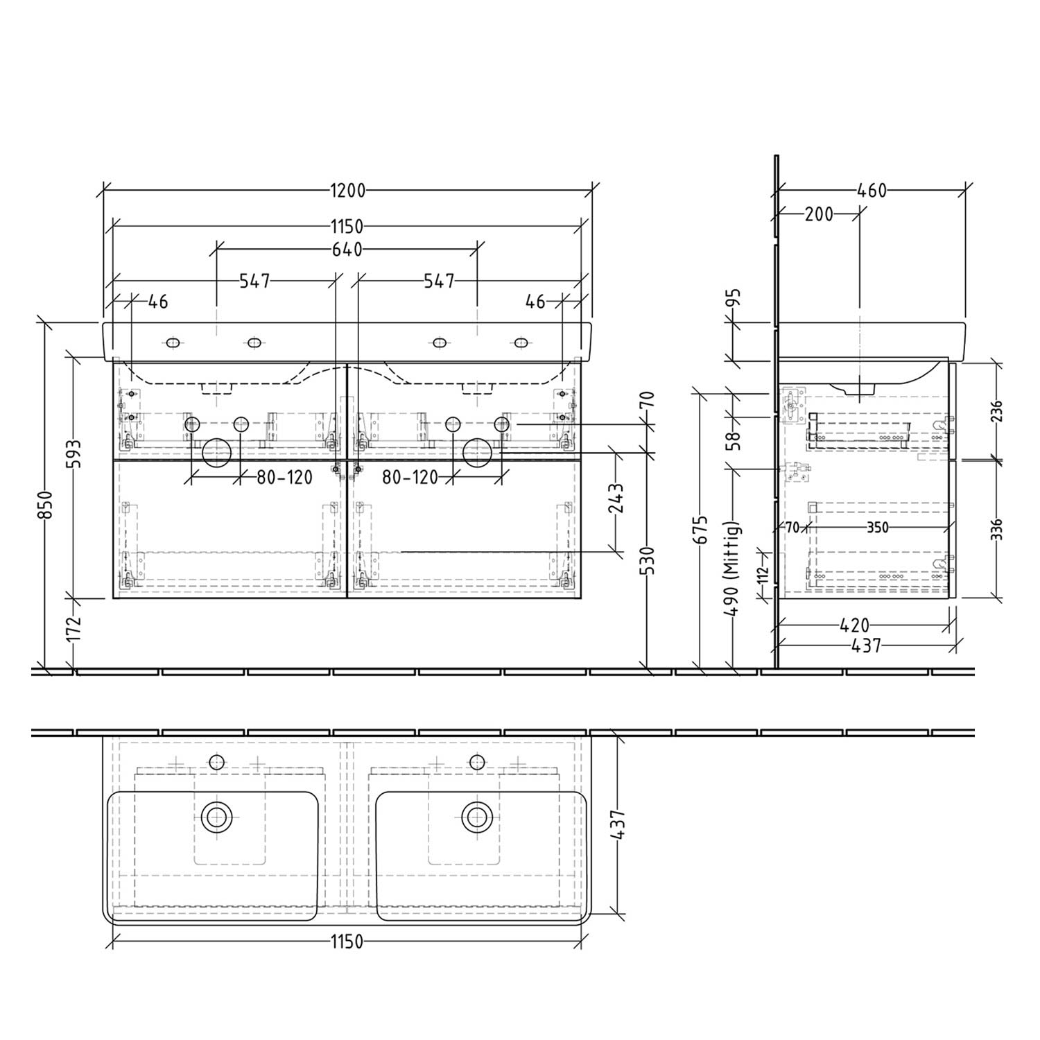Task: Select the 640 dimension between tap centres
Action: tap(347, 250)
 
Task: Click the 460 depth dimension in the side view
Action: tap(872, 190)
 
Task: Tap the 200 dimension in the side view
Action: tap(819, 214)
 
